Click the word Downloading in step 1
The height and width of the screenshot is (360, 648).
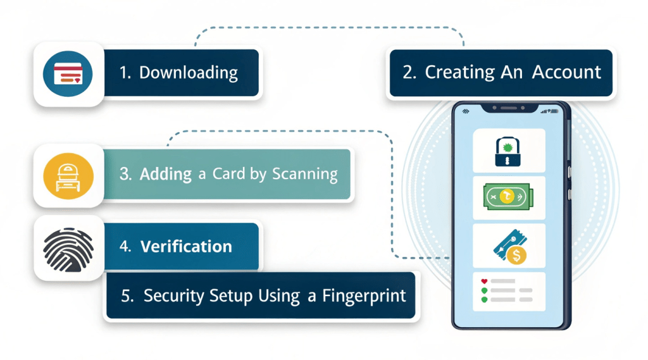(x=188, y=73)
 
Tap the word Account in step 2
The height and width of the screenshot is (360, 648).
(x=566, y=72)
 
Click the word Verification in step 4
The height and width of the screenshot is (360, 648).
(x=186, y=246)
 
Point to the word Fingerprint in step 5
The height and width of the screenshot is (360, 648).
(x=364, y=295)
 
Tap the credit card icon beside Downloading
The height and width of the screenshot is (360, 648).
(x=68, y=74)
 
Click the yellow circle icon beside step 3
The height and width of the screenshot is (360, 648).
(x=68, y=175)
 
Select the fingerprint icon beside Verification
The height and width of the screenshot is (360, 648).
(x=68, y=247)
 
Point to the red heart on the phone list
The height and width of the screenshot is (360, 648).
(x=484, y=280)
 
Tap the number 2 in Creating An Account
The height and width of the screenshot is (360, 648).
(x=409, y=72)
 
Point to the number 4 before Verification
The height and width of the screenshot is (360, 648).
(x=125, y=246)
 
